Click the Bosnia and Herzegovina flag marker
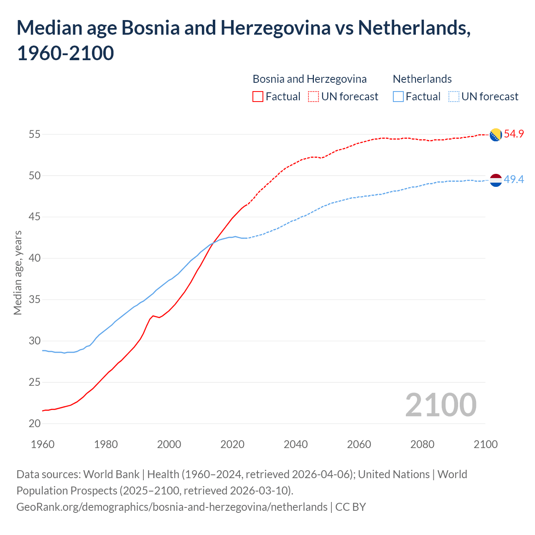point(495,135)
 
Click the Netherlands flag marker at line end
point(495,180)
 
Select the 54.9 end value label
point(514,134)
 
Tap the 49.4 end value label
point(514,180)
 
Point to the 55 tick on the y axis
point(35,135)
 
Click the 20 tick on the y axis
point(35,423)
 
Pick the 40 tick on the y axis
point(35,258)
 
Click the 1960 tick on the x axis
point(43,444)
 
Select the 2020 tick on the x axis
point(232,444)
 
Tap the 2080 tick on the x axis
point(422,444)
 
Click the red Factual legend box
point(258,97)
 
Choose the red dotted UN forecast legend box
point(313,97)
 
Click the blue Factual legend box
point(398,97)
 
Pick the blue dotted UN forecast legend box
point(454,97)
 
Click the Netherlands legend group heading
point(422,79)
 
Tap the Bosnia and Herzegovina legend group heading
point(310,79)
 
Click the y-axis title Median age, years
point(18,273)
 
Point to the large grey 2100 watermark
point(441,405)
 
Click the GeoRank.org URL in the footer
point(172,507)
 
